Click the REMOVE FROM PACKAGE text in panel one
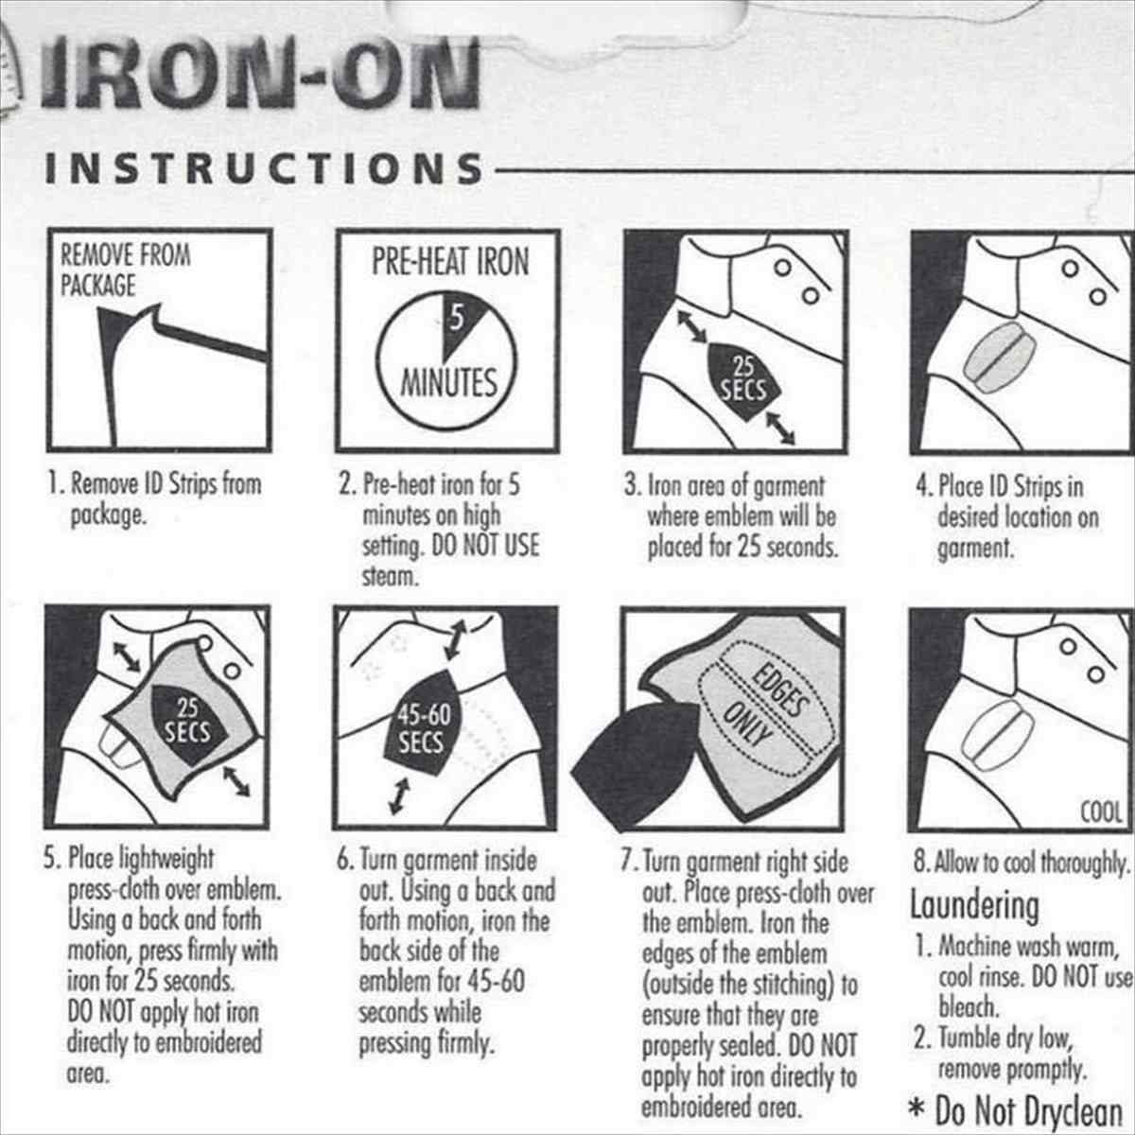point(126,271)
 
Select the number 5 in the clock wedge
point(457,319)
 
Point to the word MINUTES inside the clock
point(449,383)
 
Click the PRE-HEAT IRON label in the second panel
point(450,261)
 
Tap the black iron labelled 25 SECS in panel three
point(744,380)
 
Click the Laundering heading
point(975,906)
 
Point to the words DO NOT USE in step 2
point(486,546)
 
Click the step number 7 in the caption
point(628,861)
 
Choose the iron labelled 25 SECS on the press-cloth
point(187,723)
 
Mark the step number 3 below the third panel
point(632,486)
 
